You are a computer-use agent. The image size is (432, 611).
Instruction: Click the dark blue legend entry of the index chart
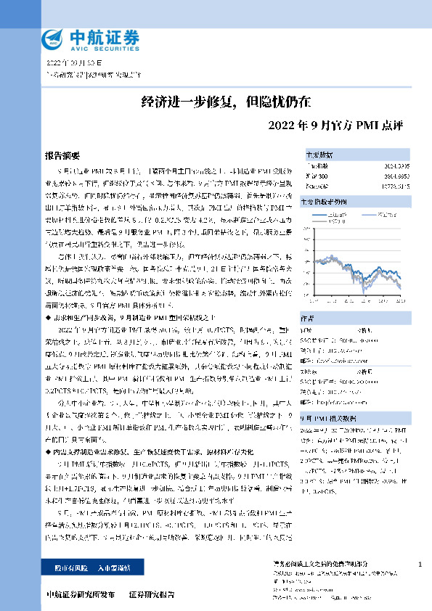click(336, 216)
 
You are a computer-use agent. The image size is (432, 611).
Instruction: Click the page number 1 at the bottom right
click(420, 564)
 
